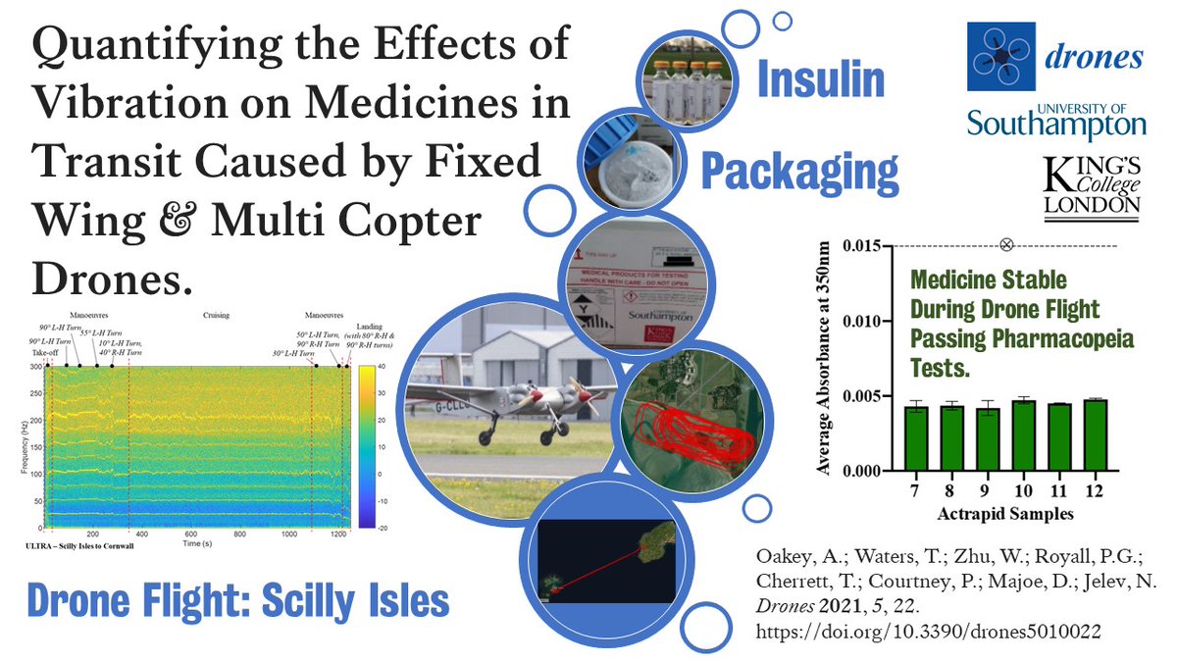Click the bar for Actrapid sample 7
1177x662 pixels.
click(915, 438)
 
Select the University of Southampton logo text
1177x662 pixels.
click(1055, 122)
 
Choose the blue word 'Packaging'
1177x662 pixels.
click(798, 173)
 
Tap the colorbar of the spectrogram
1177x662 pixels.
click(367, 447)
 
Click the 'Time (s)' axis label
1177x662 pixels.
click(191, 542)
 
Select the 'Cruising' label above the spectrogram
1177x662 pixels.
click(217, 317)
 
